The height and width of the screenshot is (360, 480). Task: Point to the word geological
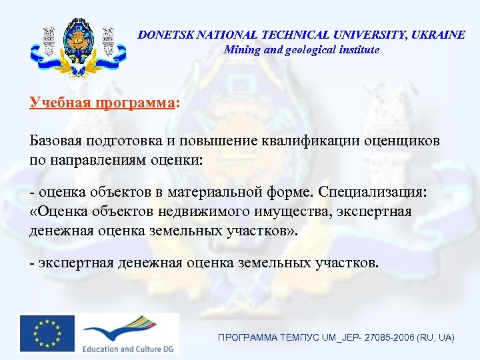[310, 49]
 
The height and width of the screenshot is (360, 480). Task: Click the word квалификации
[316, 141]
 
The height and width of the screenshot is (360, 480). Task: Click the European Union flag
[47, 333]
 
